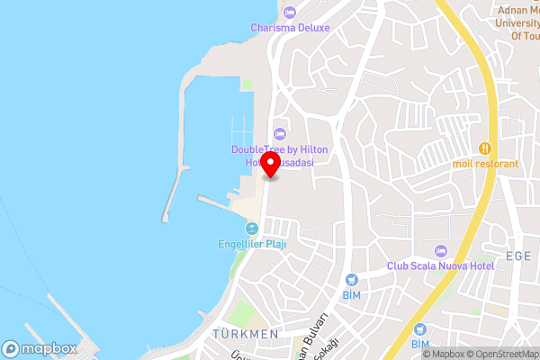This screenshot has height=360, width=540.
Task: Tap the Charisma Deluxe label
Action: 290,27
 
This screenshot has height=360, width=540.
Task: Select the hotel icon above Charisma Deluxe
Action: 289,12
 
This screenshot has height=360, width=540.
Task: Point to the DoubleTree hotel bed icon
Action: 277,134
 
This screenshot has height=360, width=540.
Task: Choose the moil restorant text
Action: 486,164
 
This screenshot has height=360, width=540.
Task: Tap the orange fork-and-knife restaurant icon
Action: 486,148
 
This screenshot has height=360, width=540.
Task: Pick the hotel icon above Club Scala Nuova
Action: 440,250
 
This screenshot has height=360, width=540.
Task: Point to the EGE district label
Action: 518,256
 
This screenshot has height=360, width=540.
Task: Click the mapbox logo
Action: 40,348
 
